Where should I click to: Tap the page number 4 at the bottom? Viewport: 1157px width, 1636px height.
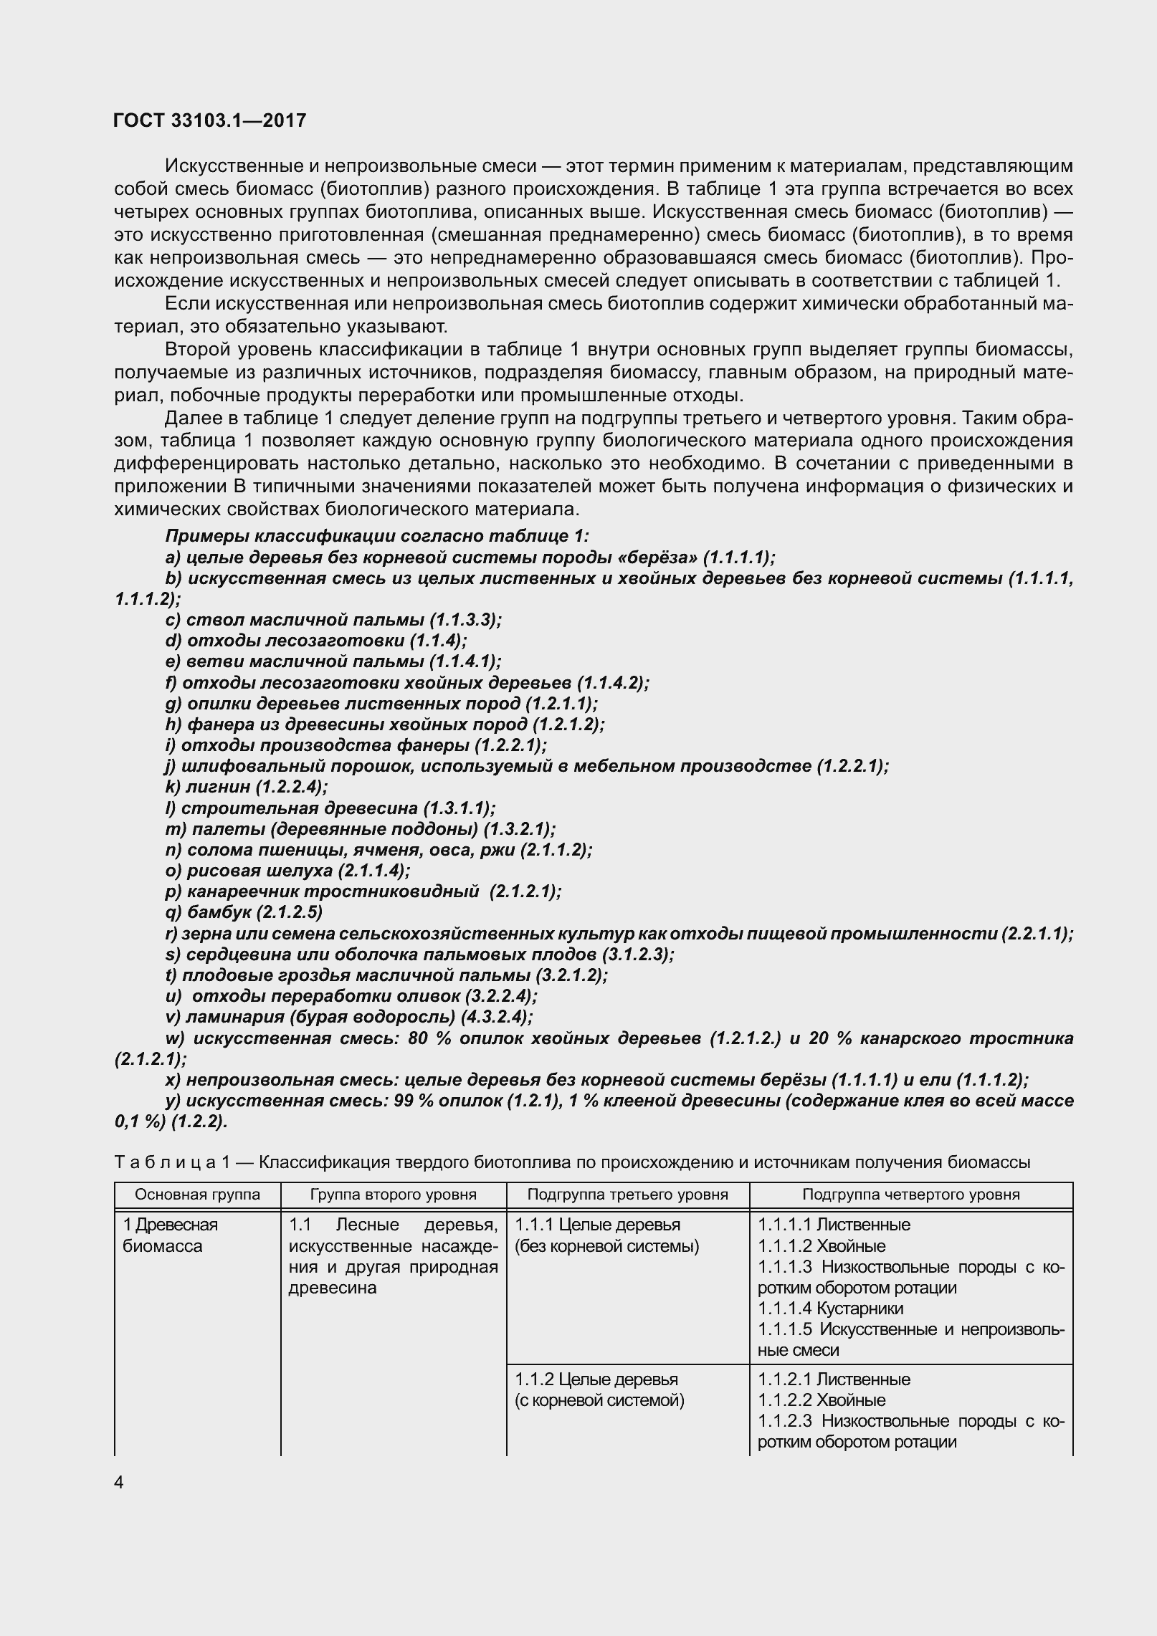[x=119, y=1481]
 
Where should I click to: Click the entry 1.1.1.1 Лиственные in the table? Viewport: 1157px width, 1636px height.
[x=834, y=1225]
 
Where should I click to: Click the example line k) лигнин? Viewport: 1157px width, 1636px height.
[x=246, y=787]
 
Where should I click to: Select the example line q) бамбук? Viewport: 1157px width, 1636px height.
[x=243, y=912]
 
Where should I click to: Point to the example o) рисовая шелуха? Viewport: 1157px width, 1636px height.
[x=287, y=871]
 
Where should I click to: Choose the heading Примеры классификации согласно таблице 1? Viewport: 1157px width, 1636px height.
[x=377, y=536]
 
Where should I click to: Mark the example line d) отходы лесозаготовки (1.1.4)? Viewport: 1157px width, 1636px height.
[x=315, y=640]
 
